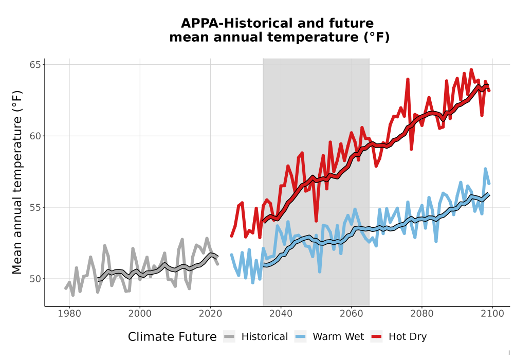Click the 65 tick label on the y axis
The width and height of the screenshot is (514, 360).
35,65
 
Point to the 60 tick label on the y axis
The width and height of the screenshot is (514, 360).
35,136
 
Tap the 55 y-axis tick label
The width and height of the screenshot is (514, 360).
35,208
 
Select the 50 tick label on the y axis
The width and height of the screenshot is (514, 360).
35,279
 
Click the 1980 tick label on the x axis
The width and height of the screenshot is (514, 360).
69,314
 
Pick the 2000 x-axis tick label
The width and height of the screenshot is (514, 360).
140,314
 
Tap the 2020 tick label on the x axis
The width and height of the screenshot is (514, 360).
210,314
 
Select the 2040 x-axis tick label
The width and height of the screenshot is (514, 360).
281,314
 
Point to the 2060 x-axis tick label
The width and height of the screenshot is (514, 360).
352,314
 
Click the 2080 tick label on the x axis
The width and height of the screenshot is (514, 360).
422,314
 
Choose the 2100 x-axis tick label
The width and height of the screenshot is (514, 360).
492,314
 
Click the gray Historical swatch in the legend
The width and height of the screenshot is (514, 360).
229,337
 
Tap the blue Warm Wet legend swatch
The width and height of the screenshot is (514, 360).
300,337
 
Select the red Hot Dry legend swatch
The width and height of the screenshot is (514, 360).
377,337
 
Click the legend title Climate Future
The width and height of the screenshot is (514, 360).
172,337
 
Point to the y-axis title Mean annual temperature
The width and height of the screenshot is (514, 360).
17,182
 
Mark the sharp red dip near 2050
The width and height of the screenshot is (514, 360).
316,221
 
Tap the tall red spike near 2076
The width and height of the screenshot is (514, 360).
408,79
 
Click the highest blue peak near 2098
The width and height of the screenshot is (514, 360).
486,169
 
